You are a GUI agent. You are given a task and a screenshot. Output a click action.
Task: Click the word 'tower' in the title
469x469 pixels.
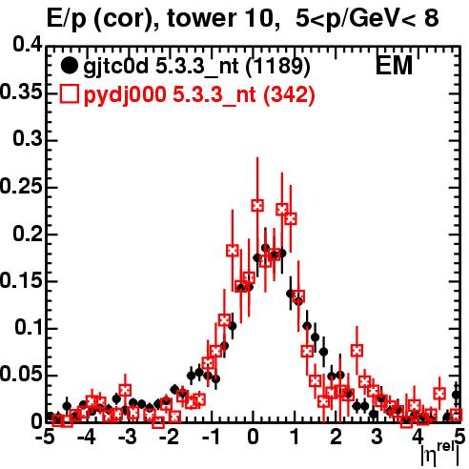pyautogui.click(x=196, y=19)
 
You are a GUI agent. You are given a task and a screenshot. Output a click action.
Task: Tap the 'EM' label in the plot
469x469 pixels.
pyautogui.click(x=394, y=66)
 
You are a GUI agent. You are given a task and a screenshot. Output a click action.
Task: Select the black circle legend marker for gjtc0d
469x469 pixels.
pyautogui.click(x=69, y=66)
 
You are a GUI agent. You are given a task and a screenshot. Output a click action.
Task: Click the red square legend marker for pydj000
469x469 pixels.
pyautogui.click(x=69, y=93)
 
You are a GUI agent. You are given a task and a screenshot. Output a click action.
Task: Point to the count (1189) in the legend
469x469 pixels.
pyautogui.click(x=277, y=66)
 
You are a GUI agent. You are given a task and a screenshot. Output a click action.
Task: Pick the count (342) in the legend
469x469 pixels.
pyautogui.click(x=289, y=94)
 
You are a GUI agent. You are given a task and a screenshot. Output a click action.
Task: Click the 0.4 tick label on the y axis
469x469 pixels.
pyautogui.click(x=28, y=45)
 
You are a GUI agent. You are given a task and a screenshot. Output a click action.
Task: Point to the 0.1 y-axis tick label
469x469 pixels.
pyautogui.click(x=28, y=327)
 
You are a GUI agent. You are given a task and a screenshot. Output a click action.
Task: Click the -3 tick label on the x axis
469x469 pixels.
pyautogui.click(x=128, y=437)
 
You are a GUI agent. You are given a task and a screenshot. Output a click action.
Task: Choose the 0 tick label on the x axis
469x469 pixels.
pyautogui.click(x=253, y=437)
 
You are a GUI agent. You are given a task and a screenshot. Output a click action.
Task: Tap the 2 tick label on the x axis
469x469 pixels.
pyautogui.click(x=336, y=437)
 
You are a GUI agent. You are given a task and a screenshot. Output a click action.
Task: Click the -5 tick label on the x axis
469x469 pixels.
pyautogui.click(x=45, y=437)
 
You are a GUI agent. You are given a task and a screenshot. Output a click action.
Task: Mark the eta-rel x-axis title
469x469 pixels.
pyautogui.click(x=439, y=456)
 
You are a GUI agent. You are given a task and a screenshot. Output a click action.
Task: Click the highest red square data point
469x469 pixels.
pyautogui.click(x=257, y=206)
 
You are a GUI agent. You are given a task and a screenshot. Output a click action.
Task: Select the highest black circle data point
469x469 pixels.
pyautogui.click(x=265, y=248)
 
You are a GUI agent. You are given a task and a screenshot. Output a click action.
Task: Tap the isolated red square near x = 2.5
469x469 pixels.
pyautogui.click(x=357, y=351)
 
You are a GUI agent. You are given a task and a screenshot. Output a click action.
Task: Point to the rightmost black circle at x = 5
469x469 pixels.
pyautogui.click(x=457, y=395)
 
